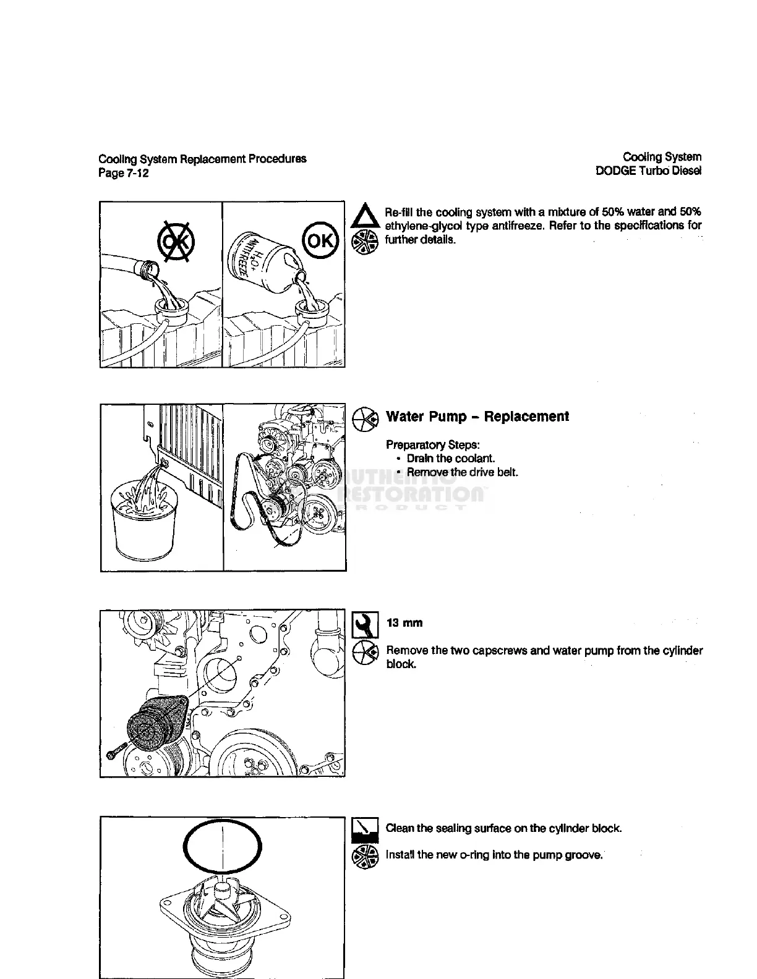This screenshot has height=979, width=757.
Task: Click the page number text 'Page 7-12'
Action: (x=124, y=173)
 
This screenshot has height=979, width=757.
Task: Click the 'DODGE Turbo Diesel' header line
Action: (x=648, y=171)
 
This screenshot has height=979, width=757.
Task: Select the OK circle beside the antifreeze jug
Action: (x=320, y=239)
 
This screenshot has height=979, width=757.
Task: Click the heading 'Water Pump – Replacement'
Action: (x=477, y=417)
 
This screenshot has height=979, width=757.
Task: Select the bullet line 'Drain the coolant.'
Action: (x=450, y=459)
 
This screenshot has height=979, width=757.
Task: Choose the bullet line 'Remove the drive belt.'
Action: (x=462, y=473)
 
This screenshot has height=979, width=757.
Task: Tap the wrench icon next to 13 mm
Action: (x=366, y=625)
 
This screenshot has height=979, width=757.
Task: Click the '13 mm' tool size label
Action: (x=404, y=623)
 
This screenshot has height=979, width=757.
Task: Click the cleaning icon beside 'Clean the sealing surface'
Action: (x=365, y=829)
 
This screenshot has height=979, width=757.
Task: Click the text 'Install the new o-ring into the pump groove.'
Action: (x=494, y=855)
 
